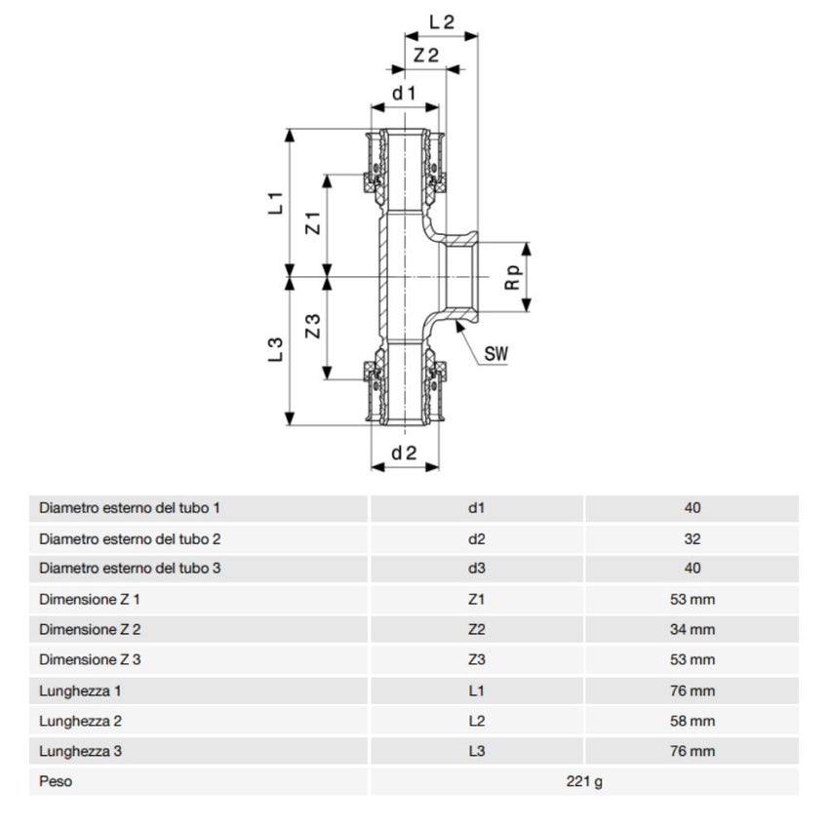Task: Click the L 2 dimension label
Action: point(442,20)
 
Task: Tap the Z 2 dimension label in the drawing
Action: point(425,56)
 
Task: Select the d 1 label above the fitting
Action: point(404,93)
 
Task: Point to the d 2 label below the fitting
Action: point(404,453)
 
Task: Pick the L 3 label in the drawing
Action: point(275,350)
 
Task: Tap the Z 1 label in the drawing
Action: point(312,223)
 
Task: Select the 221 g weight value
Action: point(583,781)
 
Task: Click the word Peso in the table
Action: point(56,781)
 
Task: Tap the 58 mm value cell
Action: point(692,721)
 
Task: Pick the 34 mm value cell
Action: point(692,629)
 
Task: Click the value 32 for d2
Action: point(692,537)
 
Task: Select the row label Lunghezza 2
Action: point(80,721)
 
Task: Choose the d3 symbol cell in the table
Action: point(476,568)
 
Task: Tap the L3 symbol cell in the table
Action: point(476,751)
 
